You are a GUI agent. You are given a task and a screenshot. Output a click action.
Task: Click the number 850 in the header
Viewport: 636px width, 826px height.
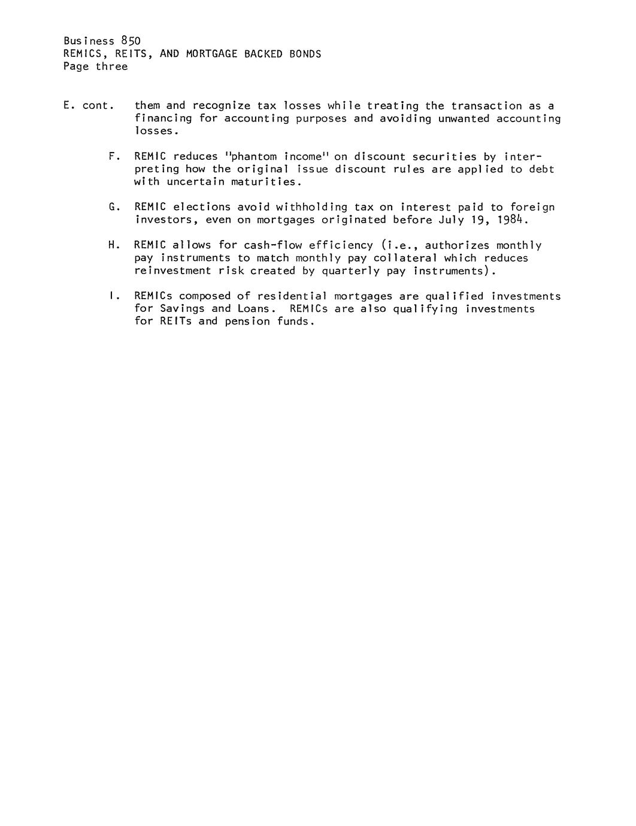pyautogui.click(x=130, y=41)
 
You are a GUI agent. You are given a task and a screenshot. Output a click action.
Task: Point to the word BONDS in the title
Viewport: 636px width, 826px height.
pyautogui.click(x=305, y=54)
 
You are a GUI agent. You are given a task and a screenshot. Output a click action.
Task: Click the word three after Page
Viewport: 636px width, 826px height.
pyautogui.click(x=112, y=66)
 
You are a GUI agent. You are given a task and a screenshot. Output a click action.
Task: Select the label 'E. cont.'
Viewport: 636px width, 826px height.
pyautogui.click(x=89, y=106)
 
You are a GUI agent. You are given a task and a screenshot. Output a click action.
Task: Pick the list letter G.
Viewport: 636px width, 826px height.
pyautogui.click(x=113, y=207)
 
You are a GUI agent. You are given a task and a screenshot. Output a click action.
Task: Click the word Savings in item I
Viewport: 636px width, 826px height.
pyautogui.click(x=182, y=309)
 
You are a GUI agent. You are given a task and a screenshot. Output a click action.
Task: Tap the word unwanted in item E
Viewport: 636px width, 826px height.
pyautogui.click(x=464, y=119)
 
